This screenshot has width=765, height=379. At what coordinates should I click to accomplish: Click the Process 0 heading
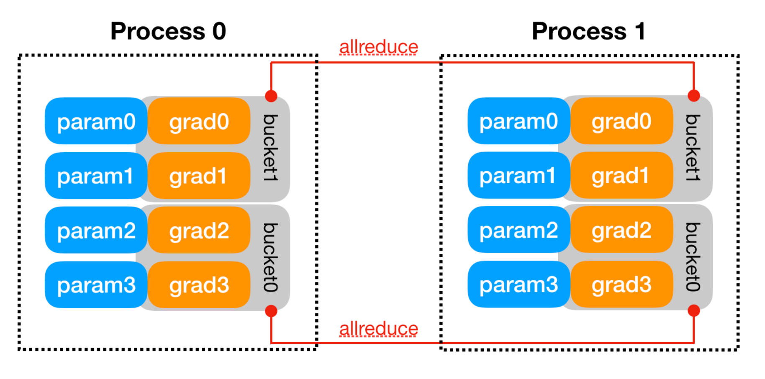pyautogui.click(x=168, y=31)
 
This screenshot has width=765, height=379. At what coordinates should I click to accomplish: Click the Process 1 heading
pyautogui.click(x=588, y=31)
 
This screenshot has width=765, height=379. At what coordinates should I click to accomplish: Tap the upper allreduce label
pyautogui.click(x=378, y=47)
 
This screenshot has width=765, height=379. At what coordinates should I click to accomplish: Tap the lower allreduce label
pyautogui.click(x=378, y=329)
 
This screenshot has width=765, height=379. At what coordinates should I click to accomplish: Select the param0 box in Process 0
pyautogui.click(x=96, y=121)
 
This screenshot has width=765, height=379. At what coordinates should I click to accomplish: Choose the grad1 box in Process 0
pyautogui.click(x=199, y=176)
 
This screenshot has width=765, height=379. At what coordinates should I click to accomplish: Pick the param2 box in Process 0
pyautogui.click(x=96, y=230)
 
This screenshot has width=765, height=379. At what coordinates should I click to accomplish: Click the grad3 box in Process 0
pyautogui.click(x=199, y=285)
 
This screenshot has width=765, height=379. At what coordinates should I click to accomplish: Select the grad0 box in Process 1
pyautogui.click(x=621, y=121)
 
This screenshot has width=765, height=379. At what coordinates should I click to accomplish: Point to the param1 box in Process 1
pyautogui.click(x=519, y=175)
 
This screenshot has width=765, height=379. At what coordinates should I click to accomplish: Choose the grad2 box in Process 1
pyautogui.click(x=621, y=230)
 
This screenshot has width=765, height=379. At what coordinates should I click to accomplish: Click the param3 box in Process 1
pyautogui.click(x=519, y=284)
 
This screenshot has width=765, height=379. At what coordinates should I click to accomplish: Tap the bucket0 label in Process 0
pyautogui.click(x=270, y=257)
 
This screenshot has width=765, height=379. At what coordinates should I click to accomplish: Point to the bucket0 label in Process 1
pyautogui.click(x=693, y=256)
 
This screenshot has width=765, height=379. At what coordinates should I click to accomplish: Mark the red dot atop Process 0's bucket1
pyautogui.click(x=271, y=96)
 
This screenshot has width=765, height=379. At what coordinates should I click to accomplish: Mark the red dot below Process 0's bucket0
pyautogui.click(x=271, y=311)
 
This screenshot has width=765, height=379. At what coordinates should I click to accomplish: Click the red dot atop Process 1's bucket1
pyautogui.click(x=694, y=95)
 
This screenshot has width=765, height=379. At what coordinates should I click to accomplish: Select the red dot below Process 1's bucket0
pyautogui.click(x=694, y=310)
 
